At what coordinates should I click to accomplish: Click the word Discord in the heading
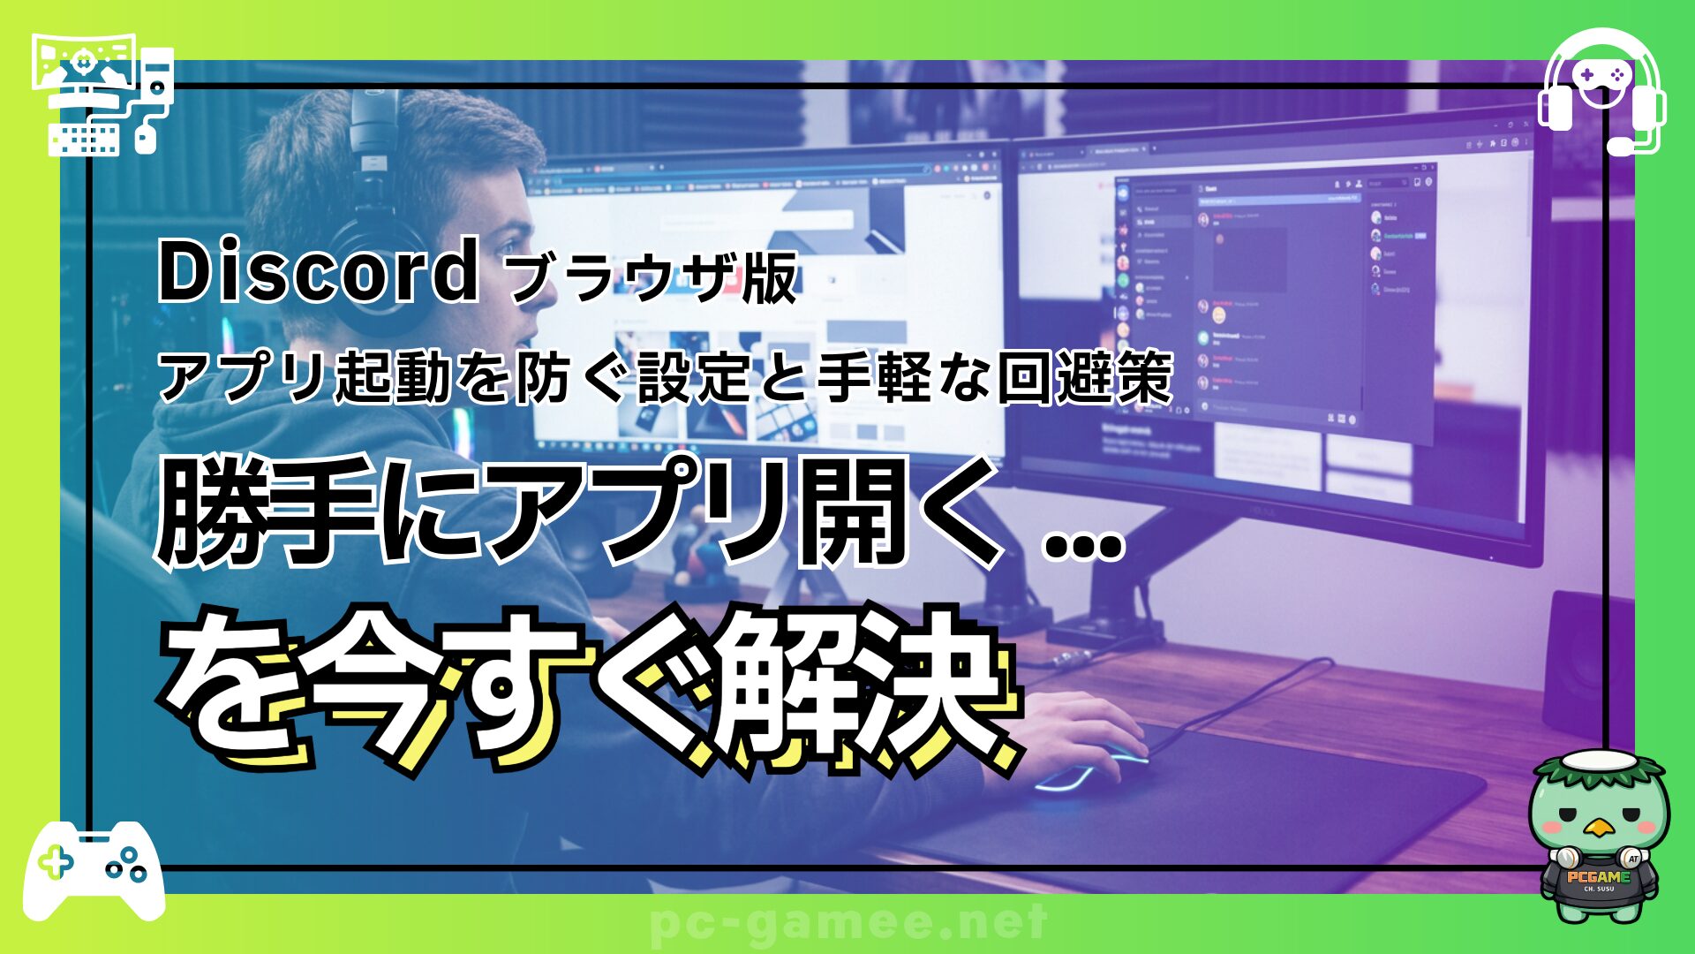pos(318,271)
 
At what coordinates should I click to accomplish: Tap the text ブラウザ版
pos(653,277)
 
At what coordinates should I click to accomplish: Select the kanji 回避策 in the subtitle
pos(1085,377)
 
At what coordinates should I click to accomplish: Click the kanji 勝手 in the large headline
pos(265,512)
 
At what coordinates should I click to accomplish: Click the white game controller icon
pos(93,870)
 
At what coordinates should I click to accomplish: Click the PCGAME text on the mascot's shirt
pos(1598,877)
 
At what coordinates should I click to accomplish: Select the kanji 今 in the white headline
pos(371,689)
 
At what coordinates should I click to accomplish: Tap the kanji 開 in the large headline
pos(852,512)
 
